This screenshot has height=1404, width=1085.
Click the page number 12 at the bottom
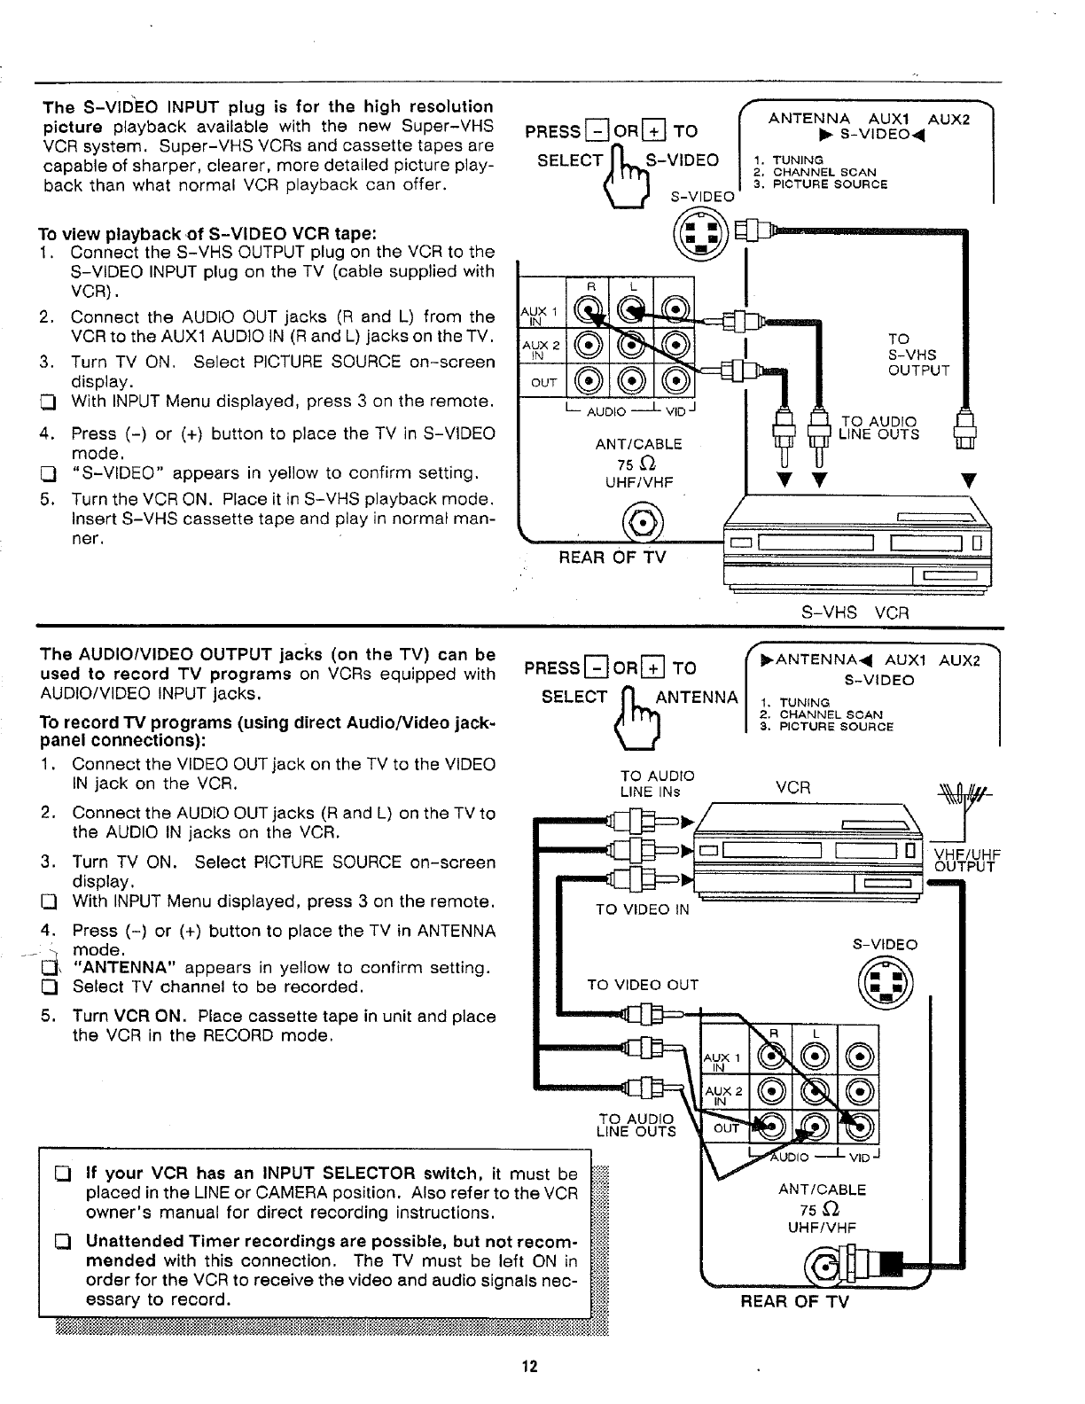tap(530, 1366)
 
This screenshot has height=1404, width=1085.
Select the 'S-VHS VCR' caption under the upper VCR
tap(855, 612)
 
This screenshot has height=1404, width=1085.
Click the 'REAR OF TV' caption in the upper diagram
tap(612, 557)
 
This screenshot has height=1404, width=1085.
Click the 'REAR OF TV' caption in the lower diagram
tap(795, 1301)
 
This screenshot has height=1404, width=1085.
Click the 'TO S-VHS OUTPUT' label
tap(917, 355)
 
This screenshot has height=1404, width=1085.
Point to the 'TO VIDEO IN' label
tap(642, 909)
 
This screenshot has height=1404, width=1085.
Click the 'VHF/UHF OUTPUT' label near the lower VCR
tap(966, 861)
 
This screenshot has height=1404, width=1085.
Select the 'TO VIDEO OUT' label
tap(643, 985)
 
